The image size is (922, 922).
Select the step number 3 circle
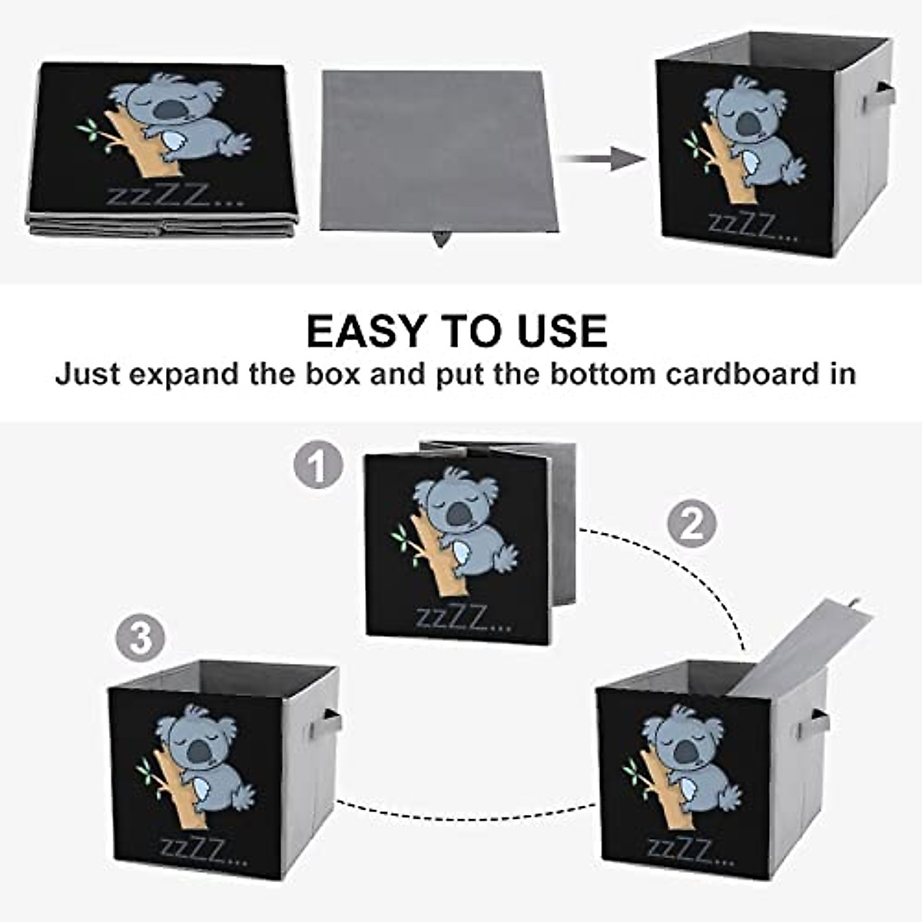pyautogui.click(x=141, y=638)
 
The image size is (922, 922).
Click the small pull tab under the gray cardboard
pyautogui.click(x=441, y=239)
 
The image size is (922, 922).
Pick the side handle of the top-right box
pyautogui.click(x=879, y=98)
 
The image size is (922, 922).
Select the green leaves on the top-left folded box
pyautogui.click(x=89, y=131)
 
